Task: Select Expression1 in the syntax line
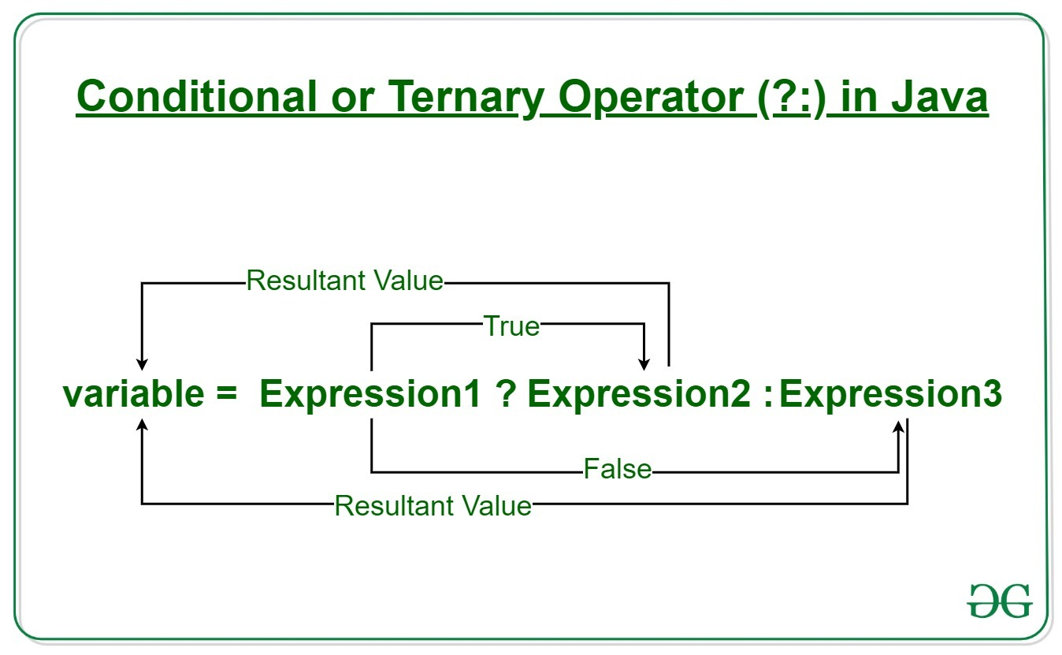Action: [369, 394]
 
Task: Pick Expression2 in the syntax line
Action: [639, 394]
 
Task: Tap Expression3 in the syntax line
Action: [890, 394]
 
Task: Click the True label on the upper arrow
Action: [511, 326]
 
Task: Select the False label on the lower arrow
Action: [618, 470]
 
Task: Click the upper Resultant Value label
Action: [345, 281]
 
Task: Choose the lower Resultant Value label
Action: [433, 505]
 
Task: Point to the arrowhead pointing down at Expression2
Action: [644, 363]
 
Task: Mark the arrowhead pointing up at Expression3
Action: [899, 426]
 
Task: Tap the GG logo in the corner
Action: [1000, 601]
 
